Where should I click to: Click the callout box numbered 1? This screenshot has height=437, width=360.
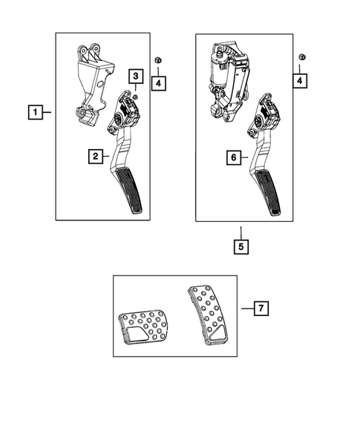pyautogui.click(x=34, y=113)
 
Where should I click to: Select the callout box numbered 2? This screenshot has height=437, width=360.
pyautogui.click(x=94, y=157)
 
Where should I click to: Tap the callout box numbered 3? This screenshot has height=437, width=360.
pyautogui.click(x=136, y=76)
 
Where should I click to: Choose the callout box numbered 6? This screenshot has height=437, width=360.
pyautogui.click(x=233, y=157)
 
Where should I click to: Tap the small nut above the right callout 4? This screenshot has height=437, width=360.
pyautogui.click(x=300, y=58)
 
